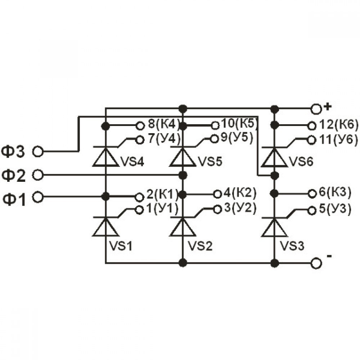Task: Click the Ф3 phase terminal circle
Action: (x=38, y=152)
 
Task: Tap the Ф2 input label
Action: (x=13, y=176)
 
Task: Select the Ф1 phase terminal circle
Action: (x=38, y=197)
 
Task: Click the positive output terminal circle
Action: (x=316, y=109)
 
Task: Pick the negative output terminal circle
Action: (x=316, y=263)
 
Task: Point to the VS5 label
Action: (x=210, y=162)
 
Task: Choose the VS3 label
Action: (x=292, y=246)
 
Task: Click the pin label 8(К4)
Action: (x=163, y=124)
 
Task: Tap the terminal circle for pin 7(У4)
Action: (x=140, y=140)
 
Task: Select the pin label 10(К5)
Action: (x=238, y=123)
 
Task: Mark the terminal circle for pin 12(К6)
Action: (x=312, y=126)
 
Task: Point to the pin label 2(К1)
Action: (x=162, y=194)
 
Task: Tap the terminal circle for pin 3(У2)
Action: (x=217, y=210)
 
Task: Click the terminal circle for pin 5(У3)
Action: (x=312, y=211)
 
